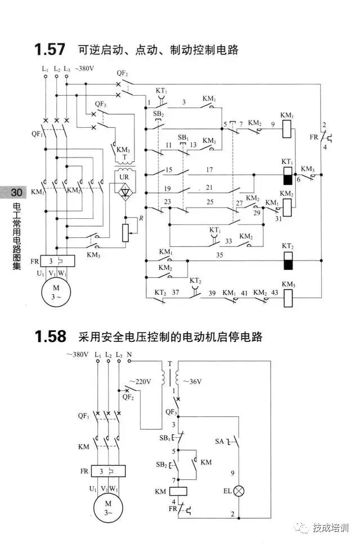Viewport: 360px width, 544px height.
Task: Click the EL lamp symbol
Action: [x=239, y=491]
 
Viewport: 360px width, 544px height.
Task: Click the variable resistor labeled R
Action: [x=125, y=231]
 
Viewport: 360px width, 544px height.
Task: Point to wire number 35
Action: [x=219, y=254]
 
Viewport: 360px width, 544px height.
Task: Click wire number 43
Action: [x=274, y=294]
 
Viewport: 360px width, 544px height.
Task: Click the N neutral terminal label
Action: [x=129, y=355]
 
